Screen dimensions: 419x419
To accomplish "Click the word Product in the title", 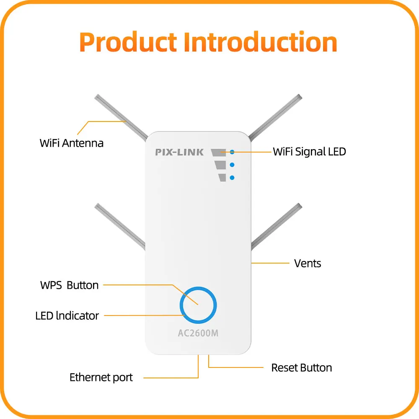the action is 128,42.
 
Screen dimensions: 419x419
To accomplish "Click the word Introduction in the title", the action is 261,42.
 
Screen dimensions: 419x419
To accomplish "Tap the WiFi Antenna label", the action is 72,143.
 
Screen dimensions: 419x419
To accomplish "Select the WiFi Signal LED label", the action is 310,152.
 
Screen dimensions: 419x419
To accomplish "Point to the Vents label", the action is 308,264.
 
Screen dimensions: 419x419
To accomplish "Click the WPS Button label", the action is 70,285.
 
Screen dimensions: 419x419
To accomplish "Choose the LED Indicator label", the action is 67,316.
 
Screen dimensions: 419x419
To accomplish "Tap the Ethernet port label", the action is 101,378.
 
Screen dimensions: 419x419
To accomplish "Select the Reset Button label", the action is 302,368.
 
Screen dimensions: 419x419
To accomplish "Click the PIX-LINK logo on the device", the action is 179,153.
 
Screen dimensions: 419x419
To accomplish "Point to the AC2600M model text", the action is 198,333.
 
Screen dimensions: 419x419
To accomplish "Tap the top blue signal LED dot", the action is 232,152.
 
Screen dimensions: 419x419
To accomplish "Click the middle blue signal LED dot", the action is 232,165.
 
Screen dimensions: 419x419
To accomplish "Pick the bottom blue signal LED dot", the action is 232,178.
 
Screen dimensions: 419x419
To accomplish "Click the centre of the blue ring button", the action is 198,305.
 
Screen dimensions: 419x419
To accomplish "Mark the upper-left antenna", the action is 121,117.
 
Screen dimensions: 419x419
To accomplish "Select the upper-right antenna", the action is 275,117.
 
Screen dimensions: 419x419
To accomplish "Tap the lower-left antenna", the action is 120,227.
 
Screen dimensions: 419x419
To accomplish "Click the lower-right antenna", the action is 277,227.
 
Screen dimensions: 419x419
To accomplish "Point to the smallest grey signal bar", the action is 222,178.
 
